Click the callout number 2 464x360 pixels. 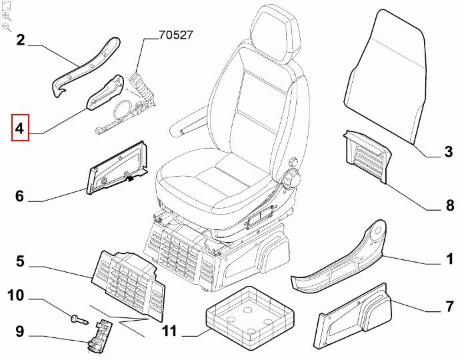(x=20, y=41)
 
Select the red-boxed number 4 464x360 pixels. (x=20, y=129)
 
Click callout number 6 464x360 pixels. (x=20, y=197)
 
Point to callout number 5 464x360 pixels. (x=20, y=262)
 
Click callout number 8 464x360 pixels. (x=449, y=206)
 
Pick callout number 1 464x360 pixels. (x=449, y=258)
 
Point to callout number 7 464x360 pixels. (x=449, y=309)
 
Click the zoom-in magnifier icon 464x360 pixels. (x=7, y=16)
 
